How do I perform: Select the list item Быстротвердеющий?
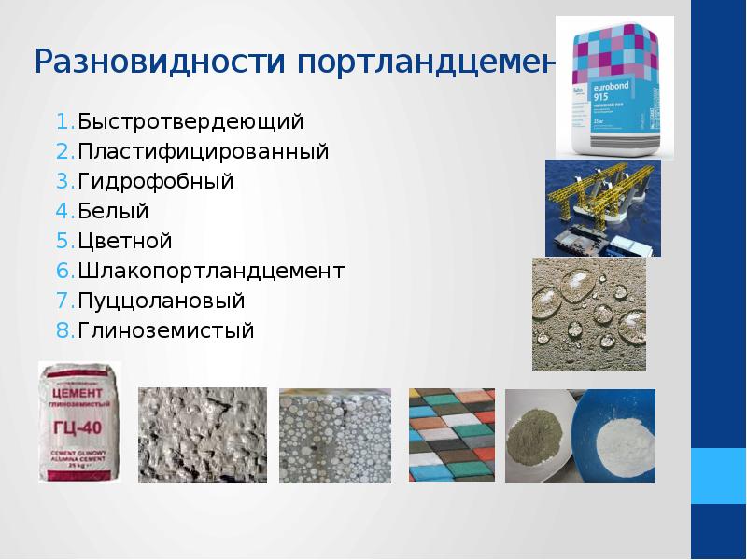tap(190, 122)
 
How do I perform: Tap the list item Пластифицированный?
tap(204, 150)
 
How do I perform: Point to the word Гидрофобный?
tap(156, 181)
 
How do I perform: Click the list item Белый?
tap(113, 211)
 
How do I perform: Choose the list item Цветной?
tap(125, 241)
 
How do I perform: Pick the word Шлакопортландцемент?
tap(211, 271)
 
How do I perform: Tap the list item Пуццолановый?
tap(162, 301)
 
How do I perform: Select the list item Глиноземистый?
tap(166, 330)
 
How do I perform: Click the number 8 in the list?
tap(62, 330)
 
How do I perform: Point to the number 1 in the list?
tap(62, 122)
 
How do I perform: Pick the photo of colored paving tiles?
tap(451, 435)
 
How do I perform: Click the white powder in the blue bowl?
tap(617, 433)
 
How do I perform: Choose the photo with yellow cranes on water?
tap(602, 207)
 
